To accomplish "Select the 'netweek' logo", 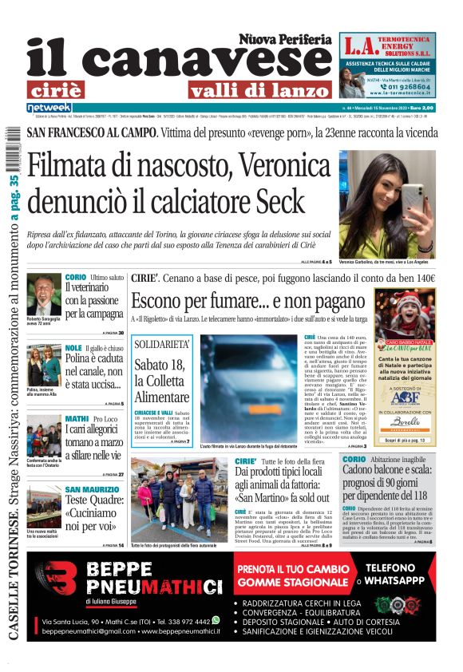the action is click(x=49, y=108).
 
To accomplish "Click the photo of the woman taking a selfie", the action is click(x=386, y=204).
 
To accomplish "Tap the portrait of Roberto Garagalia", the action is click(x=44, y=295).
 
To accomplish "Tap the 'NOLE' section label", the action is click(x=73, y=349).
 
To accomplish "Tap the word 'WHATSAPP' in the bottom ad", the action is click(x=402, y=580).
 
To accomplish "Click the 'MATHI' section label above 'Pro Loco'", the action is click(x=77, y=418).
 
